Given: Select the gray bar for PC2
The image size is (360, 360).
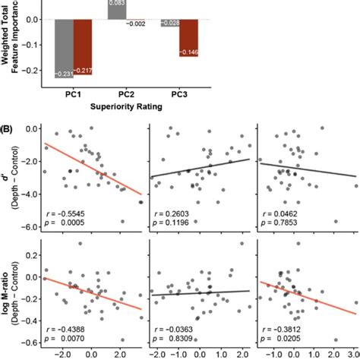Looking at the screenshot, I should (x=118, y=10).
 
